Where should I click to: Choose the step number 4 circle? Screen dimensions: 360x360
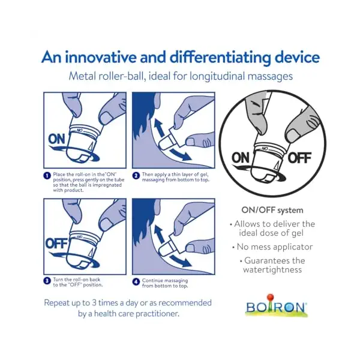136,280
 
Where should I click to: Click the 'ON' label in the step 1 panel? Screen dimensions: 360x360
58,139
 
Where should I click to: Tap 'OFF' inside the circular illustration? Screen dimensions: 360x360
299,158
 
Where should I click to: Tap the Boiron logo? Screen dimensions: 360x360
276,307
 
